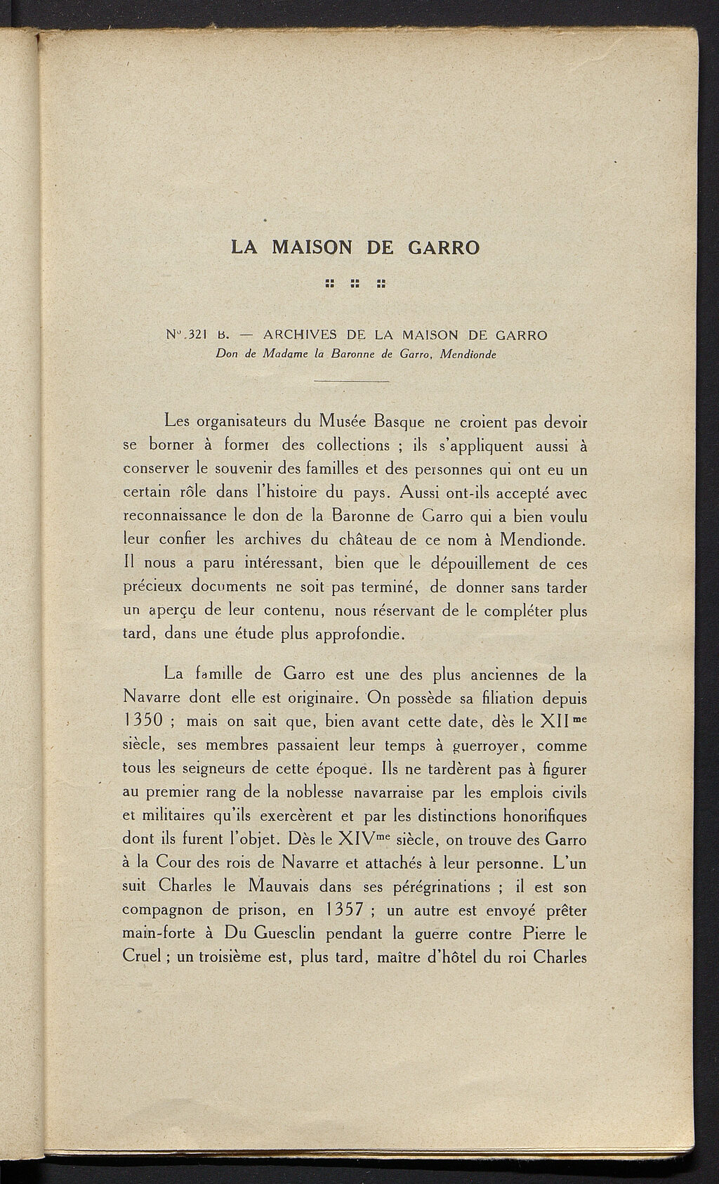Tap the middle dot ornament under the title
(x=355, y=285)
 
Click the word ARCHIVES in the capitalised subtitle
(x=299, y=335)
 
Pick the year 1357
(x=339, y=909)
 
